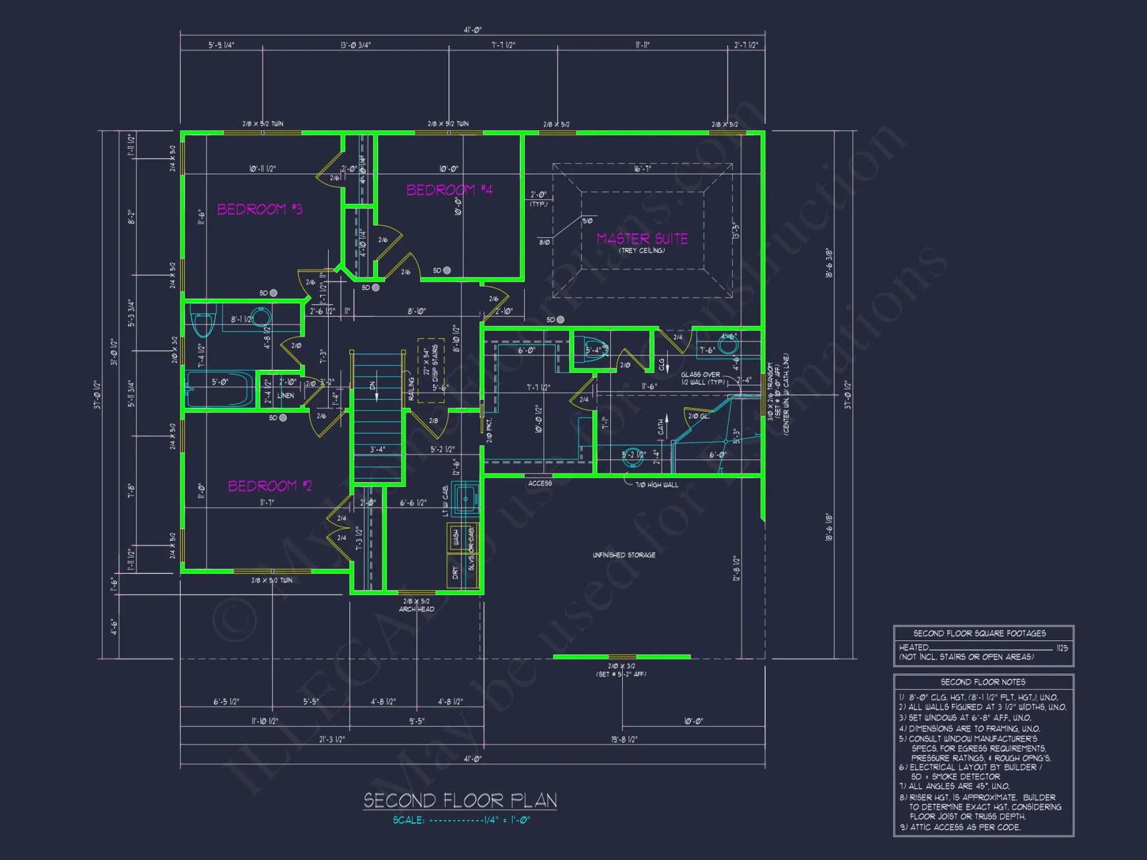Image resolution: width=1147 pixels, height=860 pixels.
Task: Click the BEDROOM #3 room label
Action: pyautogui.click(x=259, y=209)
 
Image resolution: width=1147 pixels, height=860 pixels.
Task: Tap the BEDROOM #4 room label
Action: pyautogui.click(x=449, y=190)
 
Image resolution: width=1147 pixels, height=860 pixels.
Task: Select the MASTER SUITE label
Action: pyautogui.click(x=642, y=239)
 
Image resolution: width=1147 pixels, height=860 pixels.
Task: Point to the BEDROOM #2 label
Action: pyautogui.click(x=270, y=486)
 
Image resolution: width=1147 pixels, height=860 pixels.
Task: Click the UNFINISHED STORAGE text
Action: pyautogui.click(x=624, y=555)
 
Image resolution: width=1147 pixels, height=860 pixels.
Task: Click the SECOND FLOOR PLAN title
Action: pyautogui.click(x=460, y=800)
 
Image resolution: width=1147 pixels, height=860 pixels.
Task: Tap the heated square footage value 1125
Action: pyautogui.click(x=1062, y=648)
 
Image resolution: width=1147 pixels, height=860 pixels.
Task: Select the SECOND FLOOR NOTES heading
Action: pyautogui.click(x=983, y=682)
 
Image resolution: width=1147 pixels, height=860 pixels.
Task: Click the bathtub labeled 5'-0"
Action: pyautogui.click(x=220, y=389)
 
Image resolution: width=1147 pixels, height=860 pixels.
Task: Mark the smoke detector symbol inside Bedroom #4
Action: pyautogui.click(x=447, y=271)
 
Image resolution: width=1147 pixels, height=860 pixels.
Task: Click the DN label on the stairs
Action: pyautogui.click(x=372, y=386)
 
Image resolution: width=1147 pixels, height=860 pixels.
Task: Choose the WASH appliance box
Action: pyautogui.click(x=456, y=537)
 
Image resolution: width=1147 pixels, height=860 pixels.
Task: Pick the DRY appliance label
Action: pyautogui.click(x=455, y=572)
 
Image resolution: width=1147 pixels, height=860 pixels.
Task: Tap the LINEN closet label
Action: pyautogui.click(x=286, y=396)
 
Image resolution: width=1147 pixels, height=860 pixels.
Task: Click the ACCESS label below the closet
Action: pyautogui.click(x=540, y=483)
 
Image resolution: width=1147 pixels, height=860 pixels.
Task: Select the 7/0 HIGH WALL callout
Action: pyautogui.click(x=657, y=485)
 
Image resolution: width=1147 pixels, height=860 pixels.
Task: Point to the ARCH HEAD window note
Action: pyautogui.click(x=416, y=609)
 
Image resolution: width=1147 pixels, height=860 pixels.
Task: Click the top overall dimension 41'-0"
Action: pyautogui.click(x=473, y=30)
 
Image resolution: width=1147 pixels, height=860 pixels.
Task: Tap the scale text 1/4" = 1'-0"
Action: pyautogui.click(x=507, y=820)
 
